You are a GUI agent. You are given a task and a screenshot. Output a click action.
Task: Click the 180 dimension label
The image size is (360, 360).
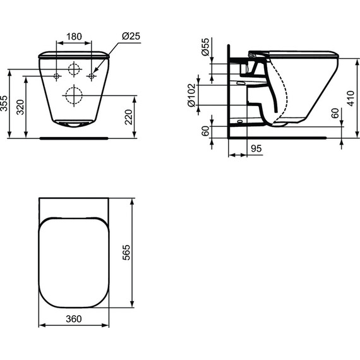(x=74, y=37)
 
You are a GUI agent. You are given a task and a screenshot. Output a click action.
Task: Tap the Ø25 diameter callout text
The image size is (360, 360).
(x=131, y=36)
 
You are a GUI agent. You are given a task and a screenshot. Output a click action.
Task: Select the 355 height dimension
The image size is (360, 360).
(x=4, y=104)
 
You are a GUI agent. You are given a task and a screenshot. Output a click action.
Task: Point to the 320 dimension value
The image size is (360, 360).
(x=20, y=107)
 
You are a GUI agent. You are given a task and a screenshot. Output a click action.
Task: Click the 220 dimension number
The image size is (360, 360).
(x=129, y=117)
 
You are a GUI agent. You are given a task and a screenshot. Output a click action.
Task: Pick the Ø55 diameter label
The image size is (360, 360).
(x=205, y=47)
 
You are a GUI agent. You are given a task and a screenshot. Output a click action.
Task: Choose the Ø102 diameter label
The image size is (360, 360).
(x=191, y=95)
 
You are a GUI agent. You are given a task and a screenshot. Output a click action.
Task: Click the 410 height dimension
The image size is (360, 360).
(x=351, y=99)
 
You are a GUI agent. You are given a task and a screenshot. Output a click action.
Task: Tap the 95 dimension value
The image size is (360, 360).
(x=256, y=148)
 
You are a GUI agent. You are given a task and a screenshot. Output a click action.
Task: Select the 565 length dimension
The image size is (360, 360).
(x=126, y=253)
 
